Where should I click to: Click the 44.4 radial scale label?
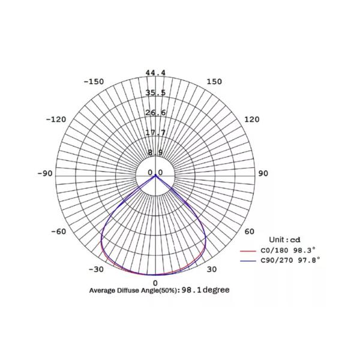pos(155,73)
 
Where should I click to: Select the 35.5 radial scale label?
pos(155,93)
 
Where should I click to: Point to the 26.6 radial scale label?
pos(155,113)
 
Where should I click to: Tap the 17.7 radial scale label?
pos(155,133)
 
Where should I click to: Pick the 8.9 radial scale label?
pos(155,152)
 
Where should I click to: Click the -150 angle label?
pos(94,82)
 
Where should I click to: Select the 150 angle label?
pos(214,82)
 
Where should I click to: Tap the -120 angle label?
pos(56,119)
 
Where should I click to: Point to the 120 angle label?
pos(252,119)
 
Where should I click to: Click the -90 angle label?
pos(45,173)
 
